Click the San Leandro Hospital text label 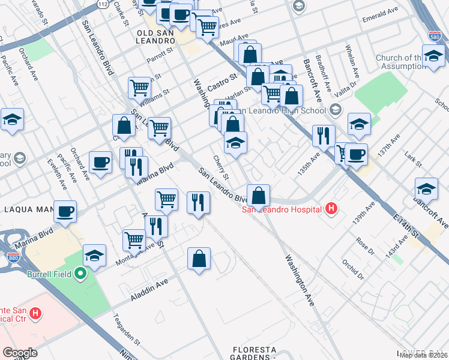tap(282, 209)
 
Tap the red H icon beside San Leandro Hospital tap(330, 209)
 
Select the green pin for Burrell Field tap(79, 275)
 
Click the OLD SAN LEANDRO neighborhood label tap(155, 41)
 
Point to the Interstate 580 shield tap(435, 37)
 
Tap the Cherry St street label tap(221, 167)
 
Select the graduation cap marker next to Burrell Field tap(94, 256)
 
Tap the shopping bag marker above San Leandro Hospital tap(258, 195)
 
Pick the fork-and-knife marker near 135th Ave tap(323, 136)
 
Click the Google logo tap(20, 353)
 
